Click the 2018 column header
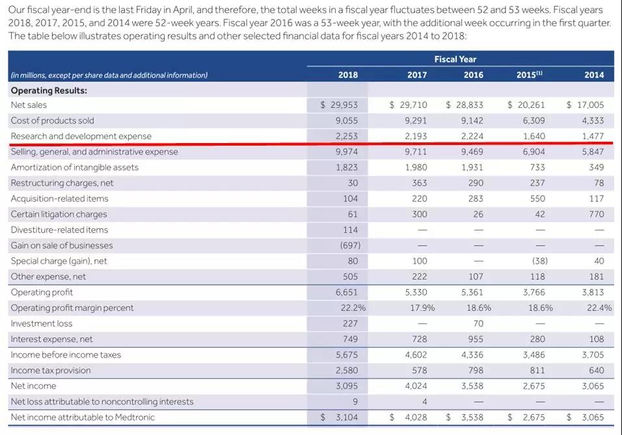348,75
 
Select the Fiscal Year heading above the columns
455,59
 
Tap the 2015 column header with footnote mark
529,75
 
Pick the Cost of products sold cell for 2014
593,120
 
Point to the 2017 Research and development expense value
416,136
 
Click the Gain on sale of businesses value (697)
350,245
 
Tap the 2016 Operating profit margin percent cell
479,308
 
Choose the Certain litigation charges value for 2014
596,214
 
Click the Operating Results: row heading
49,90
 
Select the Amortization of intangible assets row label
74,167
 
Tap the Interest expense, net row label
51,339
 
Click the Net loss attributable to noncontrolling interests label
101,401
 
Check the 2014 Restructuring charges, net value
599,183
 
